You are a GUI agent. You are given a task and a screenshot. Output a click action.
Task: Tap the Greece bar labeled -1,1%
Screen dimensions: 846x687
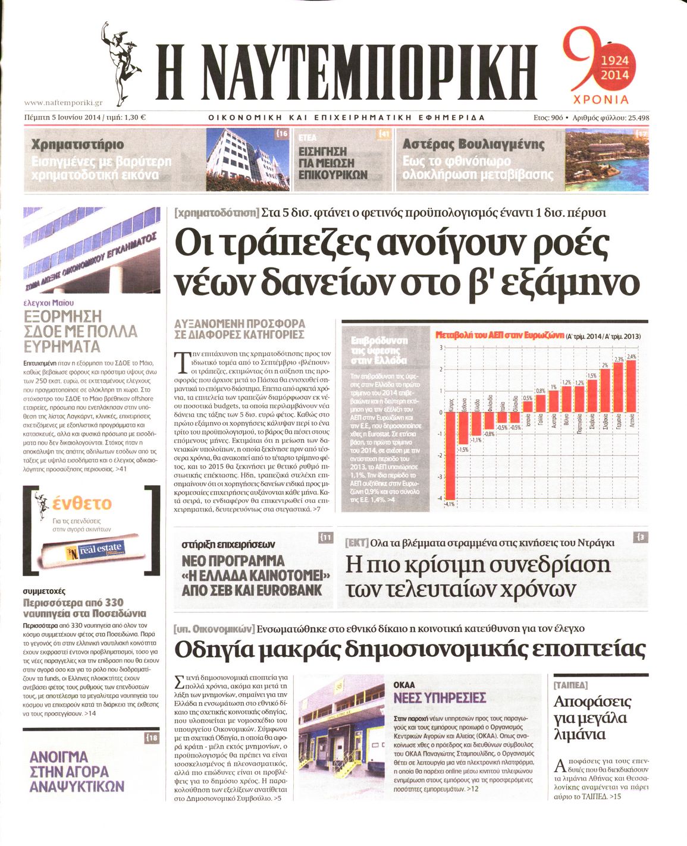(476, 423)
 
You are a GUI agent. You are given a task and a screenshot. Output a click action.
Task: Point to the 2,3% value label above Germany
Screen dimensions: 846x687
(619, 359)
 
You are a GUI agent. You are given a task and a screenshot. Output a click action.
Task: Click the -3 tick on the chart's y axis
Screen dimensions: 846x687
(441, 477)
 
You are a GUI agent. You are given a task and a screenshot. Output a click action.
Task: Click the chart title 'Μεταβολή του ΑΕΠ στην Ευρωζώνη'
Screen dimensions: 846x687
(500, 336)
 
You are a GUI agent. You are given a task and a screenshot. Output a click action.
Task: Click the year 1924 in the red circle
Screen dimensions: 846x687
(615, 62)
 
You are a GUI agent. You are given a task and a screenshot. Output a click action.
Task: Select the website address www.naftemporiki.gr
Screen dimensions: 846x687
(64, 102)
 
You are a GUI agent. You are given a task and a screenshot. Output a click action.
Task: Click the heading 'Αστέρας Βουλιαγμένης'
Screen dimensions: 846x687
(473, 144)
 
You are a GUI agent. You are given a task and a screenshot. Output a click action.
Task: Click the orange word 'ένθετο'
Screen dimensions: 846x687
(81, 504)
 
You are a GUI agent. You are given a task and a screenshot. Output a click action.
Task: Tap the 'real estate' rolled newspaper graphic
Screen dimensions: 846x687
(95, 549)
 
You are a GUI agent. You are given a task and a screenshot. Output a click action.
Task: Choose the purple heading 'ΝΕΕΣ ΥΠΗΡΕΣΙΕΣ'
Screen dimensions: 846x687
(440, 697)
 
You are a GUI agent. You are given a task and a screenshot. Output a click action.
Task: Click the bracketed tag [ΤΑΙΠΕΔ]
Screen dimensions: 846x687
(570, 684)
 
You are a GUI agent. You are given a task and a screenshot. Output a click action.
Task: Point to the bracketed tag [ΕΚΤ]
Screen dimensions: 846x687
(357, 542)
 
